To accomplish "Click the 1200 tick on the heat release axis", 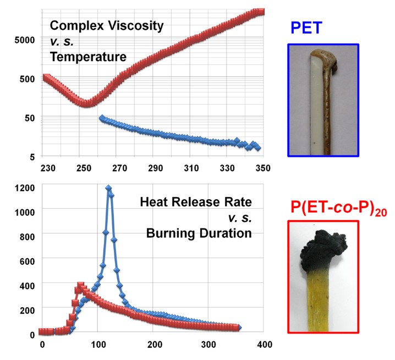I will pyautogui.click(x=25, y=187).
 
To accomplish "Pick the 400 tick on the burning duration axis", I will pyautogui.click(x=263, y=345).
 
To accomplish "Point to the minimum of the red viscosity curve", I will pyautogui.click(x=86, y=103).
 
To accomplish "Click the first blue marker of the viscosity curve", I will pyautogui.click(x=102, y=118).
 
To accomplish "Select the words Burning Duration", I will pyautogui.click(x=199, y=233).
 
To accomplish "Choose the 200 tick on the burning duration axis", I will pyautogui.click(x=152, y=345).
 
